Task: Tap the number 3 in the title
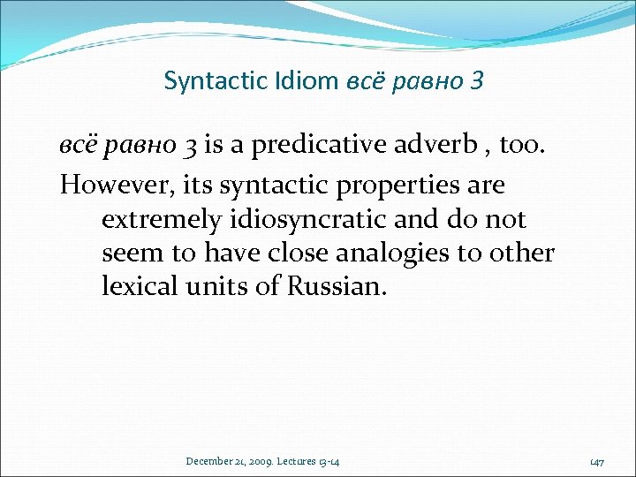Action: tap(477, 82)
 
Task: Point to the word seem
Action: tap(132, 254)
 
